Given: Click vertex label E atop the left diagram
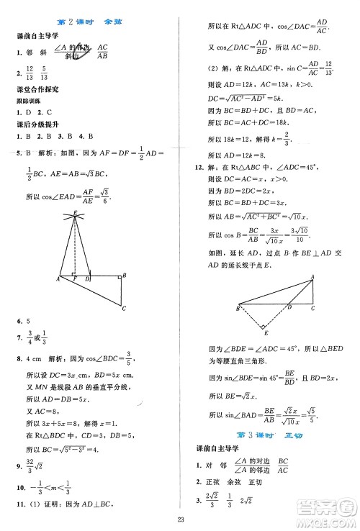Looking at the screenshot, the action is (75, 213).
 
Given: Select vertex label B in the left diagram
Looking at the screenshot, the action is (125, 276).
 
